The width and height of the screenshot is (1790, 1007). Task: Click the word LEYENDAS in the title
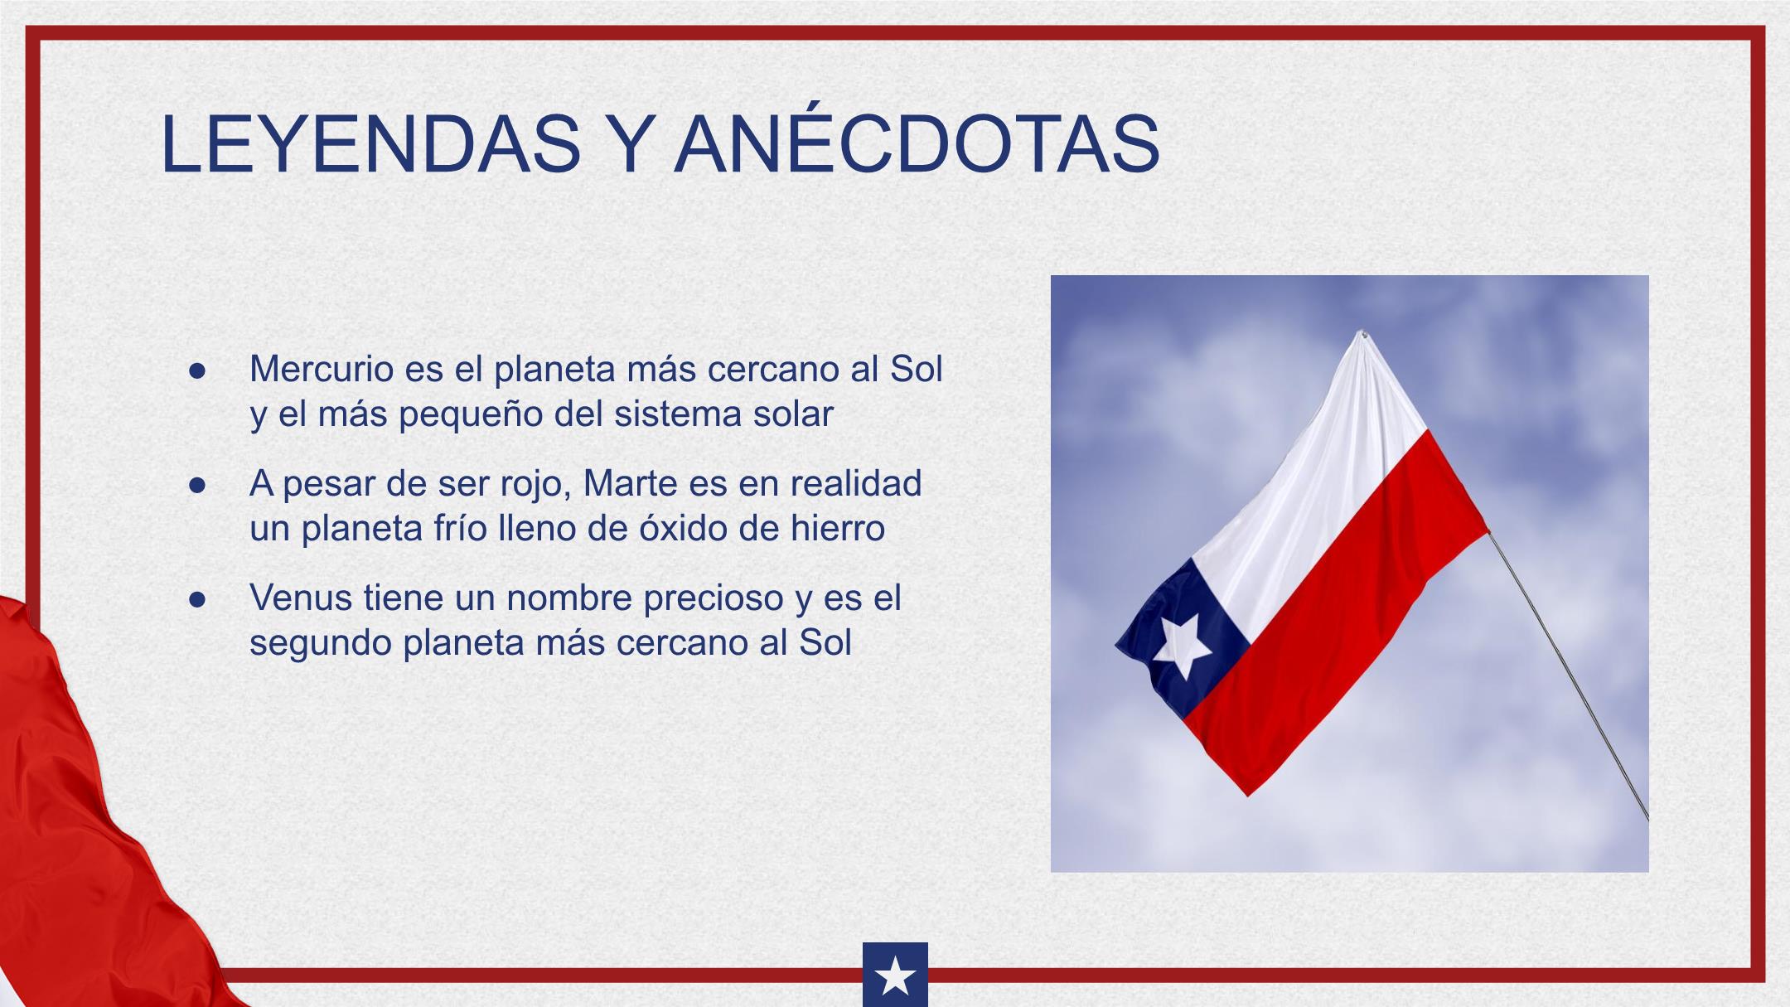371,144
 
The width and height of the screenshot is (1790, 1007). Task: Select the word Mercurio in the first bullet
322,369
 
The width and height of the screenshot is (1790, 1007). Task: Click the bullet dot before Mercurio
196,370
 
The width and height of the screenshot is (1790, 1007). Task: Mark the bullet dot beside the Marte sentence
196,485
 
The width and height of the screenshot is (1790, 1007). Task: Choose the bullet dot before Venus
196,599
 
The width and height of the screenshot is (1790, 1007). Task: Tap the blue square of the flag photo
1182,638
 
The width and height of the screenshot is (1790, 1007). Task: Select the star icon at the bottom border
895,976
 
